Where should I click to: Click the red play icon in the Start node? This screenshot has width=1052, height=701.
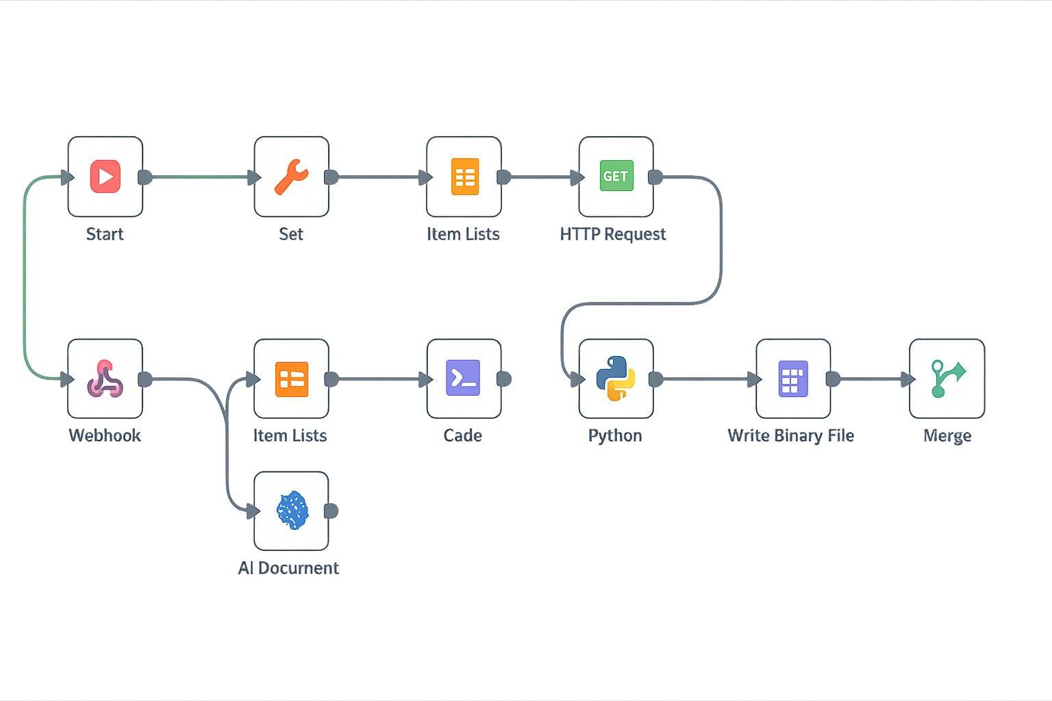click(105, 177)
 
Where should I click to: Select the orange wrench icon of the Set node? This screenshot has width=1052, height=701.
click(292, 177)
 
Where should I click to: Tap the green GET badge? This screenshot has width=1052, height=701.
click(616, 176)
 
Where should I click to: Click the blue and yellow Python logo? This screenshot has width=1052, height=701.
click(616, 378)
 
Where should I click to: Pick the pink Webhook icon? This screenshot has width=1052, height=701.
click(105, 379)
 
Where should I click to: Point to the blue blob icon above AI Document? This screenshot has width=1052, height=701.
click(292, 510)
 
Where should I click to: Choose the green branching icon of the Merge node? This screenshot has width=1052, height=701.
click(947, 378)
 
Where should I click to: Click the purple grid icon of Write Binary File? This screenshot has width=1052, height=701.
click(793, 379)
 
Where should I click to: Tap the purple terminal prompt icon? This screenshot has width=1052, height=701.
click(463, 378)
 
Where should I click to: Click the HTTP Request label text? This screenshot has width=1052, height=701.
click(613, 234)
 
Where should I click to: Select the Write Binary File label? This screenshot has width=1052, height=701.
click(791, 435)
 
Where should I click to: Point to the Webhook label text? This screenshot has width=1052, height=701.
click(105, 435)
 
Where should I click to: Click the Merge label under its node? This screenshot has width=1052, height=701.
click(947, 435)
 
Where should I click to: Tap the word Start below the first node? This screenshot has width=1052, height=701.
click(105, 234)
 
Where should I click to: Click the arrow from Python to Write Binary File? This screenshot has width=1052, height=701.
click(705, 379)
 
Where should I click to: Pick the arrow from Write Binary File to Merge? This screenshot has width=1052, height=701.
click(873, 379)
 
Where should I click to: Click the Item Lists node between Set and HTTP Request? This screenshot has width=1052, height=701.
click(464, 177)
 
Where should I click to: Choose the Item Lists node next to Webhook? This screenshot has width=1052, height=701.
click(292, 379)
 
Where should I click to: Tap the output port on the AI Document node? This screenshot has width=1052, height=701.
click(331, 511)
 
